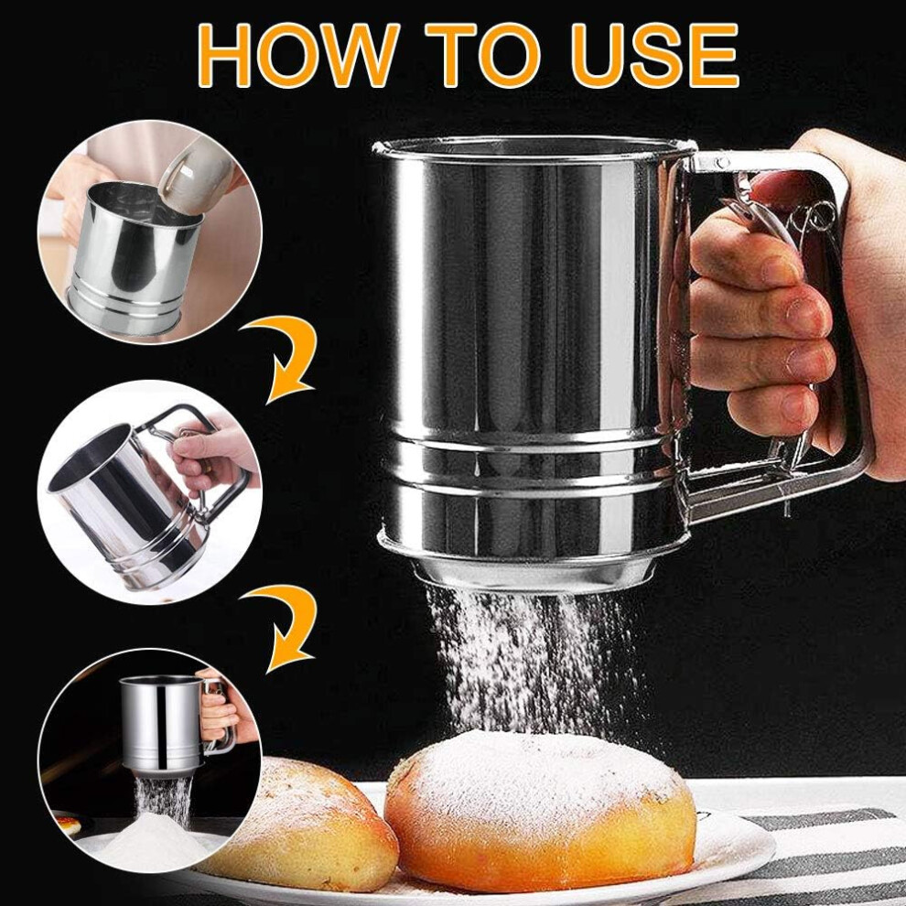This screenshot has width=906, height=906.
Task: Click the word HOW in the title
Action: [x=297, y=56]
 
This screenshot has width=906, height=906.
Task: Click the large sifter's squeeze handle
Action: [x=769, y=324]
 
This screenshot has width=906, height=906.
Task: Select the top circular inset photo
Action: [x=150, y=232]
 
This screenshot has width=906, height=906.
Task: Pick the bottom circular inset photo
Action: [x=150, y=760]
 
